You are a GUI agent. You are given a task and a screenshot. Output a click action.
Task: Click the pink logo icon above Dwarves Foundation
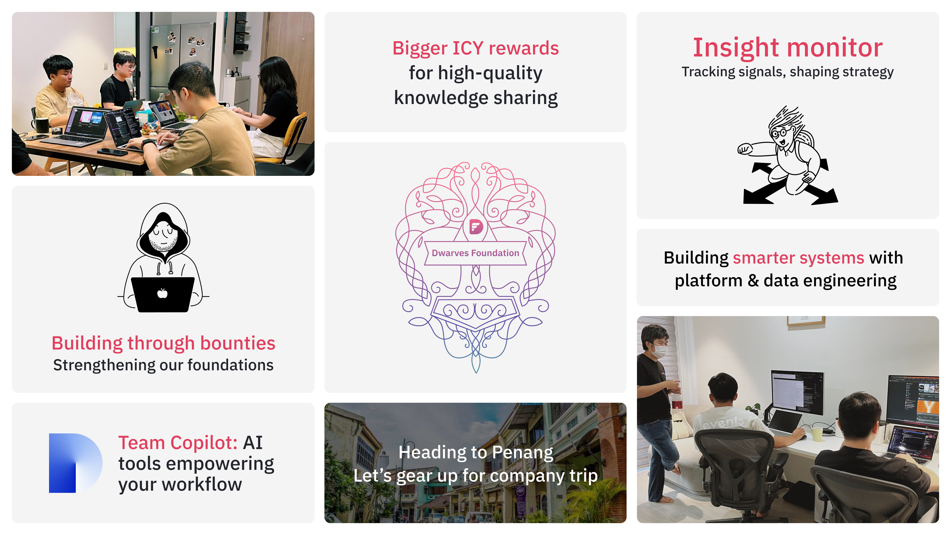click(x=476, y=226)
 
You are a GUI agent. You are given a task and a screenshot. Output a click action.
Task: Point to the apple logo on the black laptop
click(x=162, y=293)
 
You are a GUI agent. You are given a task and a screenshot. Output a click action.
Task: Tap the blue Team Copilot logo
click(x=75, y=463)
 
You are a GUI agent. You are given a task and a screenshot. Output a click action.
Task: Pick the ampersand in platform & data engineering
click(x=753, y=281)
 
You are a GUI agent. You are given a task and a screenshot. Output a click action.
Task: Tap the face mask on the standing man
click(x=659, y=351)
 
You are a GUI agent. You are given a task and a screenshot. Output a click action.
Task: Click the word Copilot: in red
click(x=204, y=443)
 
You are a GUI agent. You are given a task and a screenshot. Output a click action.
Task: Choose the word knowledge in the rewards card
click(x=441, y=98)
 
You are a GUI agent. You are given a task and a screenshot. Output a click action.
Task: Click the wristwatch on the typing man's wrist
click(x=146, y=143)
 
